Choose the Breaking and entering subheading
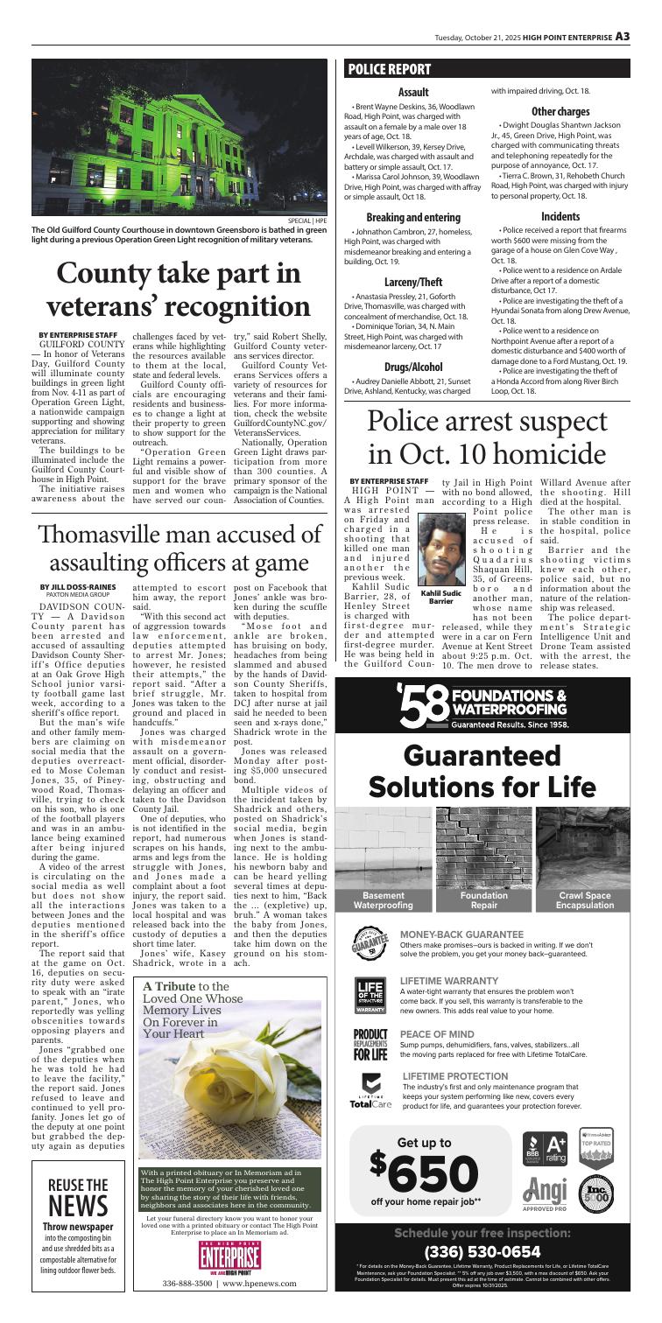(x=400, y=217)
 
